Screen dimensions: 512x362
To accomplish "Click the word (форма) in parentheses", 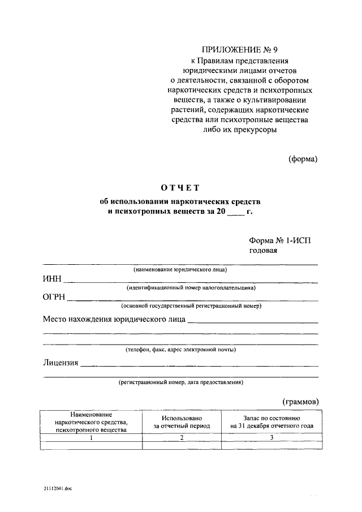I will tap(303, 158).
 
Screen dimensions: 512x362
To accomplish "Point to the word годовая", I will tap(265, 251).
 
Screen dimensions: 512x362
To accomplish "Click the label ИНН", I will tap(51, 279).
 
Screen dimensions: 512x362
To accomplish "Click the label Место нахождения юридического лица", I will tap(113, 319).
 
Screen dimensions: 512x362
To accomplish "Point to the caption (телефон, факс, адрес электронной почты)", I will tap(180, 350).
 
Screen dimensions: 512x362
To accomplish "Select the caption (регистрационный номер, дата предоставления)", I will tap(180, 382).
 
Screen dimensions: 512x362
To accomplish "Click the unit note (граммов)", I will tap(300, 401).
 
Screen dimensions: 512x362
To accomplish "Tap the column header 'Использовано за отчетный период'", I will tap(182, 421).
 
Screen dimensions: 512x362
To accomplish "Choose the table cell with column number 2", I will tap(182, 437).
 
